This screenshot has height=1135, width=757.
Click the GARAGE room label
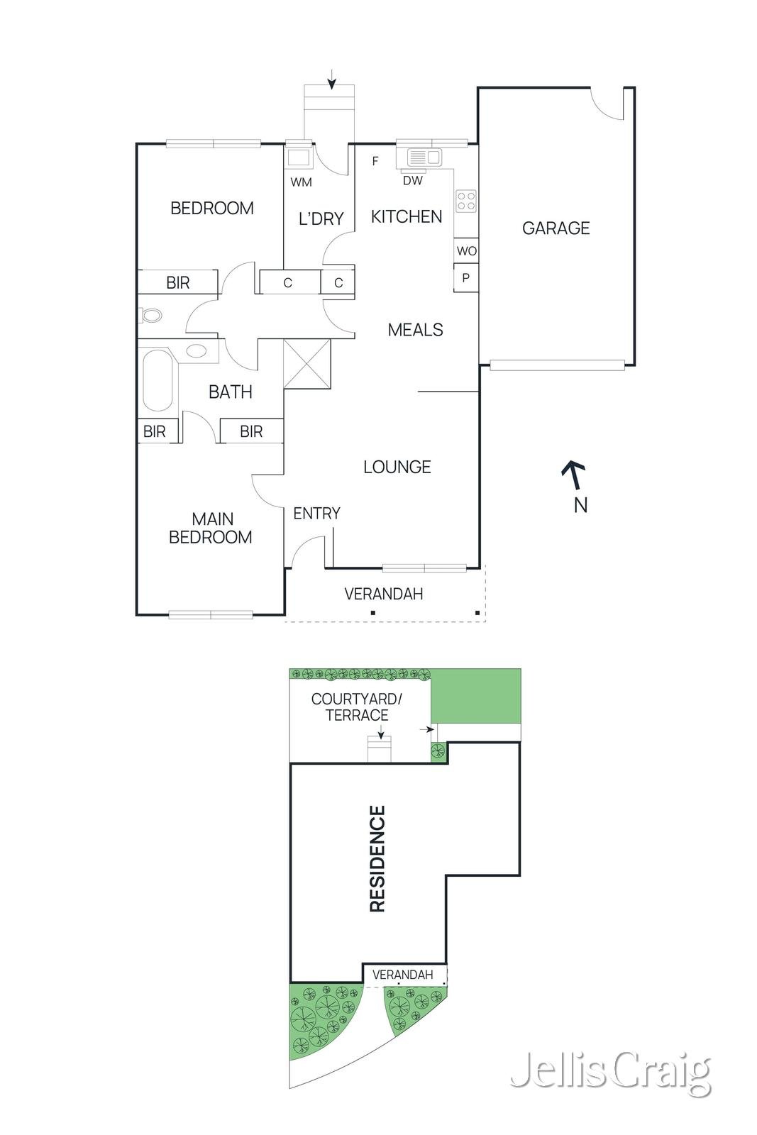click(556, 228)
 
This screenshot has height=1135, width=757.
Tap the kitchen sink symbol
click(424, 157)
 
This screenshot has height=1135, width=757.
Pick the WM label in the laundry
click(301, 182)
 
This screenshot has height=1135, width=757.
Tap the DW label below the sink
click(412, 181)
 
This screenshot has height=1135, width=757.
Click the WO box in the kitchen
click(466, 250)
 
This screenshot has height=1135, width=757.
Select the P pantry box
click(465, 278)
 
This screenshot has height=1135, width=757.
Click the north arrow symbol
click(574, 475)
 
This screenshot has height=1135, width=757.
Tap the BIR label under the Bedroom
click(177, 282)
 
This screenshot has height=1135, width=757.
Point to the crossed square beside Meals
click(307, 364)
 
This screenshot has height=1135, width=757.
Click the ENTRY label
click(316, 513)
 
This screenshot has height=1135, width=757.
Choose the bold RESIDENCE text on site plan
click(377, 858)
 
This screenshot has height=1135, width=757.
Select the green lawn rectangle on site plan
click(476, 696)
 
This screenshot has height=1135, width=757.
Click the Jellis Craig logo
click(610, 1074)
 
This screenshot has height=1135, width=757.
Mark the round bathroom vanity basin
click(196, 350)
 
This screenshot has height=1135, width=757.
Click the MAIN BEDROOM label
click(211, 528)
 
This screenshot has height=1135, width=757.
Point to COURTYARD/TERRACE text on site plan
click(356, 707)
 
